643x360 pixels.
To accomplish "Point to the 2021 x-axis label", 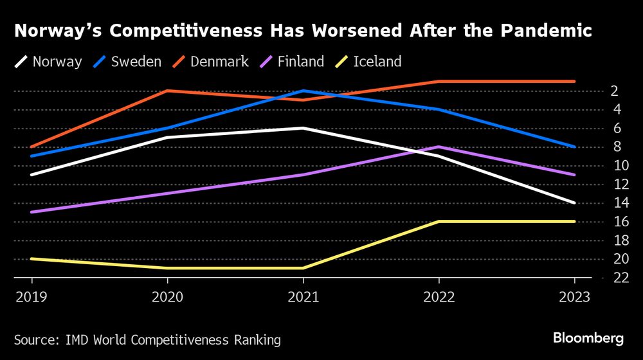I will (303, 297).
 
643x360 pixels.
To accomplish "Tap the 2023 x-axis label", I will (574, 297).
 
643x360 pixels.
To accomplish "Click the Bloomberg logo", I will (589, 338).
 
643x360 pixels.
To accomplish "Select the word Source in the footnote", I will (34, 339).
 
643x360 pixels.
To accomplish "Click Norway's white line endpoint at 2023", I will (574, 203).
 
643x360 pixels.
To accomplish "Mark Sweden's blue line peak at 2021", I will (303, 91).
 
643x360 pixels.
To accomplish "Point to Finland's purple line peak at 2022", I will (439, 147).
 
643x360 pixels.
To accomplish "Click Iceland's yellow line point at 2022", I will (439, 221).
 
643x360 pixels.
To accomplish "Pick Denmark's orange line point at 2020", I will (167, 91).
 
